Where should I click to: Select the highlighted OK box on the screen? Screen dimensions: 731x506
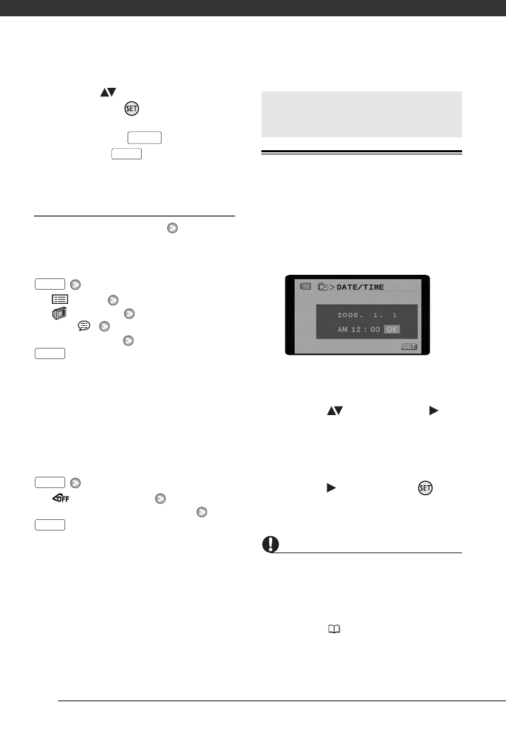tap(392, 329)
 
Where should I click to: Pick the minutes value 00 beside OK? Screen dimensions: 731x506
tap(375, 329)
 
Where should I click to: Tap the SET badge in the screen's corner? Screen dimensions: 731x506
tap(409, 347)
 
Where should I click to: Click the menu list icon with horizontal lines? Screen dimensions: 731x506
tap(60, 300)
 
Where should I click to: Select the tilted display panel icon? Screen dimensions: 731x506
tap(60, 313)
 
